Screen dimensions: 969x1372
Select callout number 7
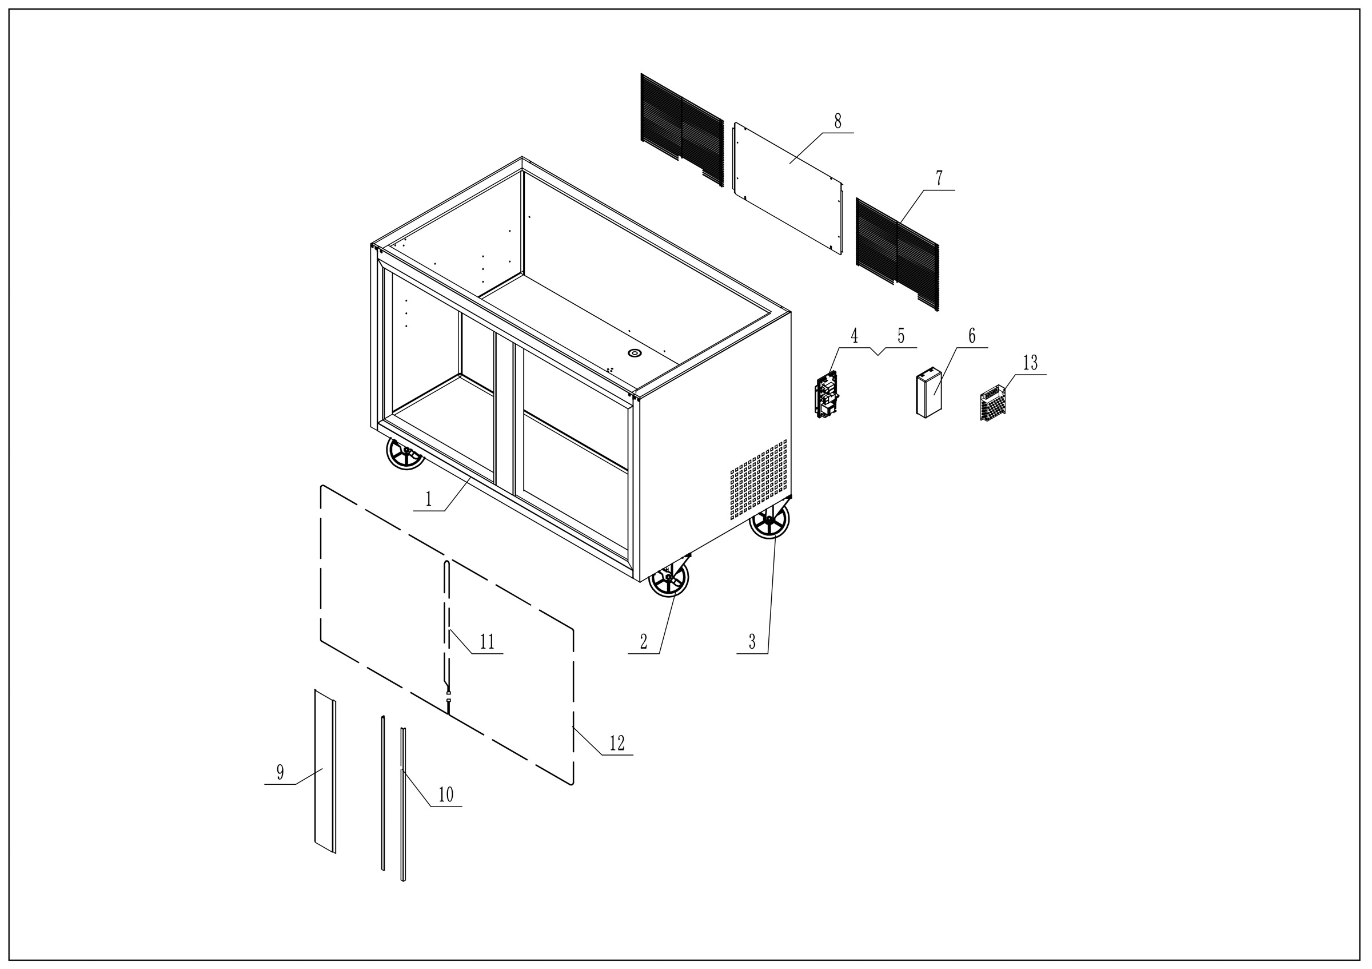pyautogui.click(x=939, y=178)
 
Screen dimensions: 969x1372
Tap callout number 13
pyautogui.click(x=1030, y=363)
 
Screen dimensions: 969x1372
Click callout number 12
pyautogui.click(x=617, y=744)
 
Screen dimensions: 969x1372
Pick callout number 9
pyautogui.click(x=280, y=772)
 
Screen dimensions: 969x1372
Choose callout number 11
pyautogui.click(x=487, y=642)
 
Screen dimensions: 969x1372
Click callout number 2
pyautogui.click(x=644, y=642)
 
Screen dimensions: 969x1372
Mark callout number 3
pyautogui.click(x=752, y=642)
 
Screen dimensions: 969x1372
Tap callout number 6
pyautogui.click(x=972, y=336)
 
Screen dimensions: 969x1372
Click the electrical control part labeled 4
pyautogui.click(x=827, y=394)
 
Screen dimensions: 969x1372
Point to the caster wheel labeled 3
pyautogui.click(x=769, y=519)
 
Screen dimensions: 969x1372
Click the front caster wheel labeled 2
pyautogui.click(x=669, y=578)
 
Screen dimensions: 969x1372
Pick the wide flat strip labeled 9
pyautogui.click(x=325, y=771)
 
